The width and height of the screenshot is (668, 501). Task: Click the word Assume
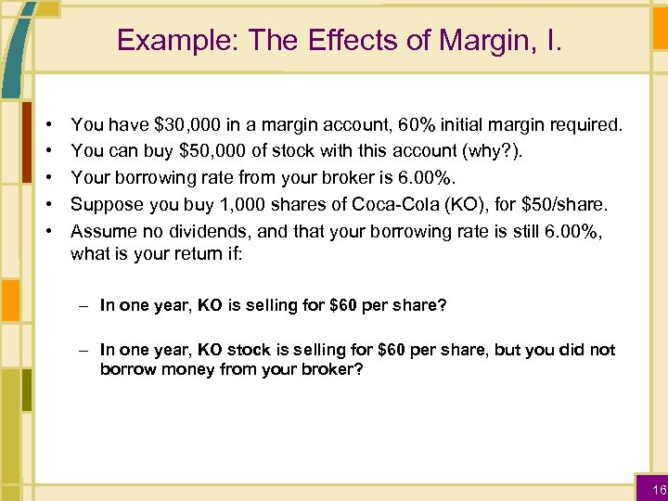point(102,231)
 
